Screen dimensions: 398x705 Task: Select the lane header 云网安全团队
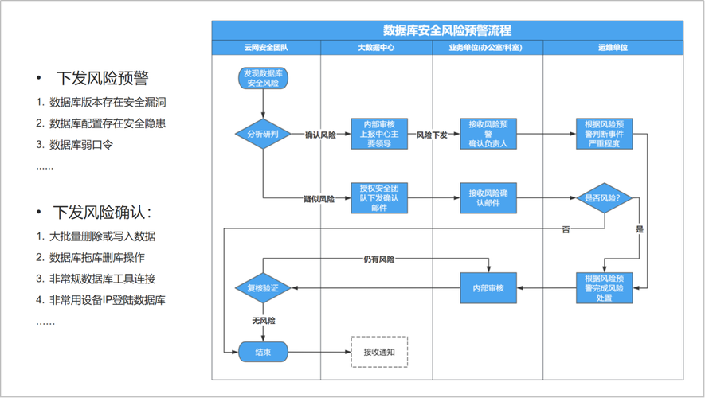click(266, 49)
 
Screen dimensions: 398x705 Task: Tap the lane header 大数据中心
click(376, 49)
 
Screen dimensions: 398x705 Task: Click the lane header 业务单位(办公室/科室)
click(487, 49)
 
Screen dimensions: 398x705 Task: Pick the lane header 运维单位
click(613, 49)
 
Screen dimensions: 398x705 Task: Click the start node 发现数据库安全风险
click(263, 78)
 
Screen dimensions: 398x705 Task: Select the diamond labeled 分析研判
click(263, 135)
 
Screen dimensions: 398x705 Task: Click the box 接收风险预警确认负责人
click(487, 135)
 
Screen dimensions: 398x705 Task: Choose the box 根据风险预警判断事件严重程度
click(603, 135)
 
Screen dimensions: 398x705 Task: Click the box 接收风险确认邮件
click(487, 198)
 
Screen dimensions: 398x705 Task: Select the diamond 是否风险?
click(603, 198)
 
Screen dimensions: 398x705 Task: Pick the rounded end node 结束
click(263, 352)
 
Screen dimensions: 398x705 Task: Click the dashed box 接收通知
click(379, 352)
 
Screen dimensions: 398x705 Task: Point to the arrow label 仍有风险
click(379, 259)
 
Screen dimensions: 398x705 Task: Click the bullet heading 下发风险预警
click(102, 78)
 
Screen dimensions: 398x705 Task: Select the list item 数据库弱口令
click(81, 145)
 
